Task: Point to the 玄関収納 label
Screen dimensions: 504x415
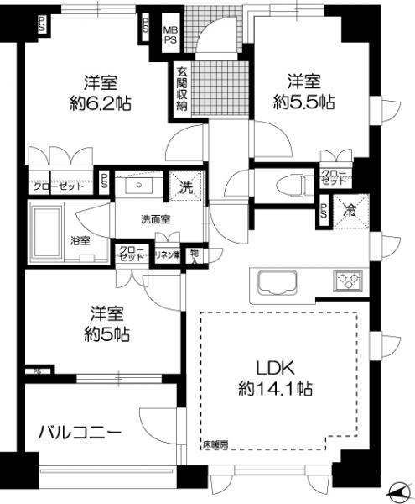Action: [x=181, y=87]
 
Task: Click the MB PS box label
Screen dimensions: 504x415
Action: [x=169, y=34]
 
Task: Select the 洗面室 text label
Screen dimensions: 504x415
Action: [x=157, y=220]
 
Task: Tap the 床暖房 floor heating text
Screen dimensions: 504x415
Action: [x=215, y=444]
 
